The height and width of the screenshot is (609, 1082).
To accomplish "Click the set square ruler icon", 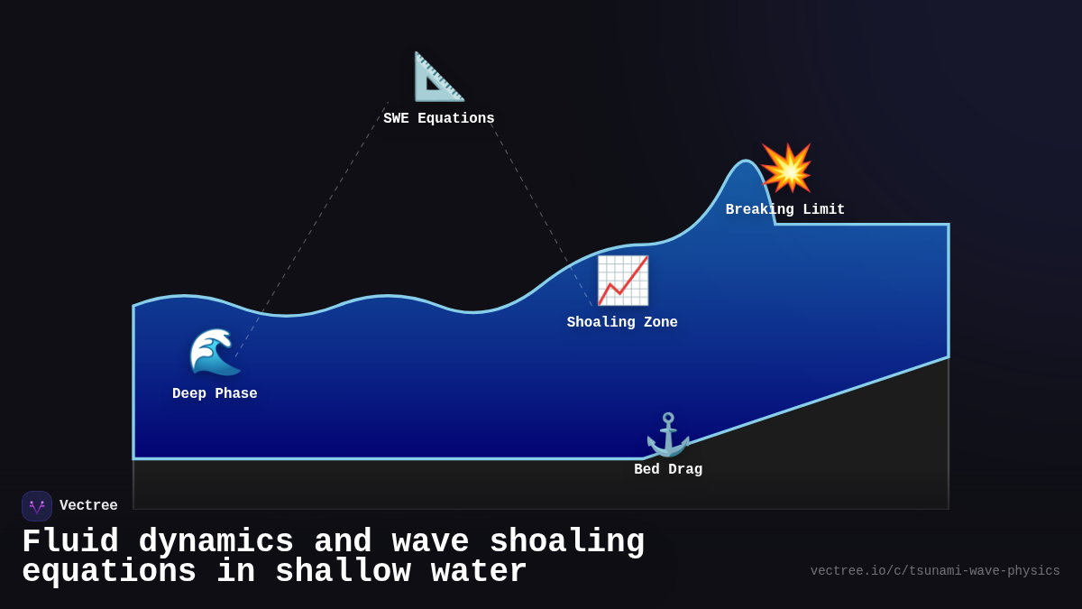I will (x=439, y=77).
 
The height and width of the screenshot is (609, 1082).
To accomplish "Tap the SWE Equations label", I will (x=439, y=119).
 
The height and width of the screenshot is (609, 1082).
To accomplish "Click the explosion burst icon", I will (x=786, y=168).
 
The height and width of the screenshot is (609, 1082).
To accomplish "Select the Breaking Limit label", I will (x=785, y=210).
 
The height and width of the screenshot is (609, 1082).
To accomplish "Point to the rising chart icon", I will (x=622, y=281).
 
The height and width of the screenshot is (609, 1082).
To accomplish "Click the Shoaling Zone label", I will (x=622, y=323).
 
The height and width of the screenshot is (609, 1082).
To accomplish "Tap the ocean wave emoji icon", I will (x=215, y=352).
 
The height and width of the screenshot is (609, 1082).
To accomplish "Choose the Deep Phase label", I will (x=215, y=394).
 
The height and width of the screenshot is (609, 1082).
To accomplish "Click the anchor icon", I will (x=668, y=435).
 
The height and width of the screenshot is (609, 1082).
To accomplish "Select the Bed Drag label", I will (x=668, y=470).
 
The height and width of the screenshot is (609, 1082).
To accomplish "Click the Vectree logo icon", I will (x=37, y=506).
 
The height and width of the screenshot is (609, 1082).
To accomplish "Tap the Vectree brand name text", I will (x=88, y=506).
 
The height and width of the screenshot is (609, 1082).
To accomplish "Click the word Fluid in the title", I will (x=70, y=542).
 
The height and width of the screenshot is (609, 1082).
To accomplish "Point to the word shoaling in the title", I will (x=567, y=542).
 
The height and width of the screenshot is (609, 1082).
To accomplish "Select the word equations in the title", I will (x=109, y=572).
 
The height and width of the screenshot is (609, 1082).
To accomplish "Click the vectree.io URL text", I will (x=935, y=571).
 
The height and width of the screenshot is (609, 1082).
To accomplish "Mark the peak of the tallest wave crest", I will (x=747, y=161).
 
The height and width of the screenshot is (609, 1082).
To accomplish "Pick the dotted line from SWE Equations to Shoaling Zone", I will (x=541, y=215).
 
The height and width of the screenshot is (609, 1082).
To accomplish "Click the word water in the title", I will (x=470, y=572).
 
